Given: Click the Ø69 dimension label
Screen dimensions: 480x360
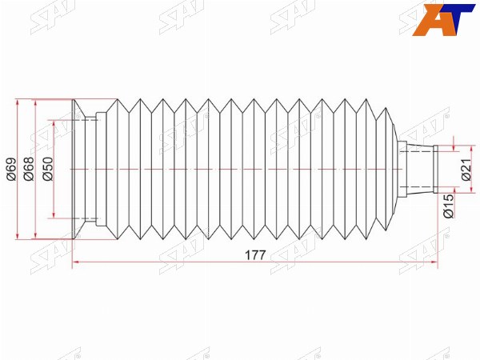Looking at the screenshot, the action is click(11, 169).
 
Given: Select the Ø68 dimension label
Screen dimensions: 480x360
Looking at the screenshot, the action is click(30, 169).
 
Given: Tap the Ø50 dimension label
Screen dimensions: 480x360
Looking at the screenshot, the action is click(48, 169).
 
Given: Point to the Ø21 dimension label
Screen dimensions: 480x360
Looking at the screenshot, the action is click(466, 170).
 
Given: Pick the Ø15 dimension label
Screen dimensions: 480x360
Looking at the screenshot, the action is click(448, 206).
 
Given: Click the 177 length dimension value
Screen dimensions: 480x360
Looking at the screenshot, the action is click(256, 255).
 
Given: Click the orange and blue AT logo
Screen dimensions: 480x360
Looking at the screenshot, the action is click(443, 20).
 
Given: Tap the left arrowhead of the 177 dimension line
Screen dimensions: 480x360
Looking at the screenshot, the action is click(76, 262).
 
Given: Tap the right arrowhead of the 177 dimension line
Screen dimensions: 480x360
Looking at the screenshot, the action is click(434, 262).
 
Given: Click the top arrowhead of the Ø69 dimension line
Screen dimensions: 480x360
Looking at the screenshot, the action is click(18, 103).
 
